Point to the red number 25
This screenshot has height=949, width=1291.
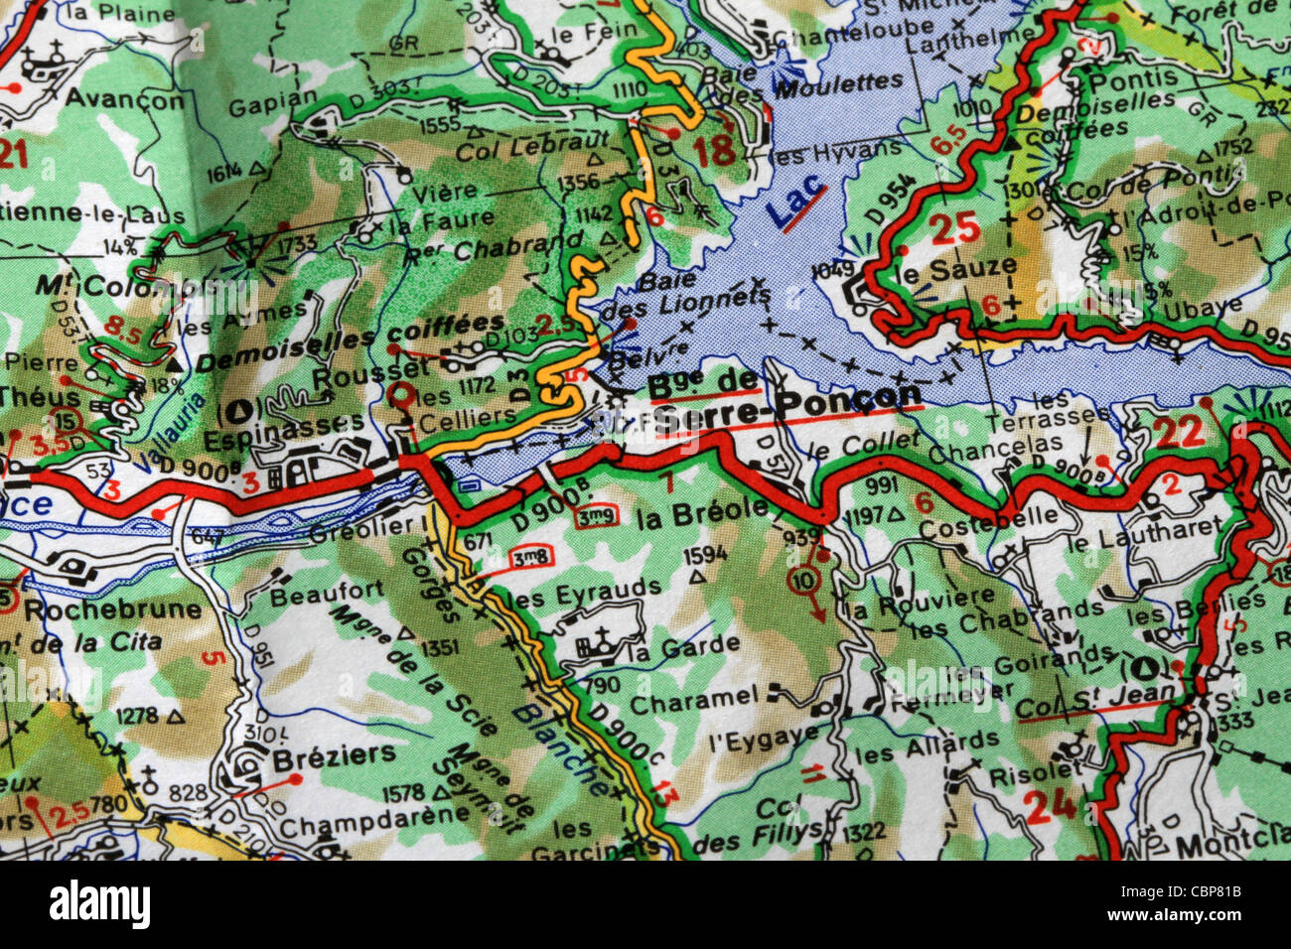954,228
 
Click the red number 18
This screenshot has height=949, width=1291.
715,152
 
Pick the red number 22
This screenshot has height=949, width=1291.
1179,433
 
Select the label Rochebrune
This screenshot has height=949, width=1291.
112,609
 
